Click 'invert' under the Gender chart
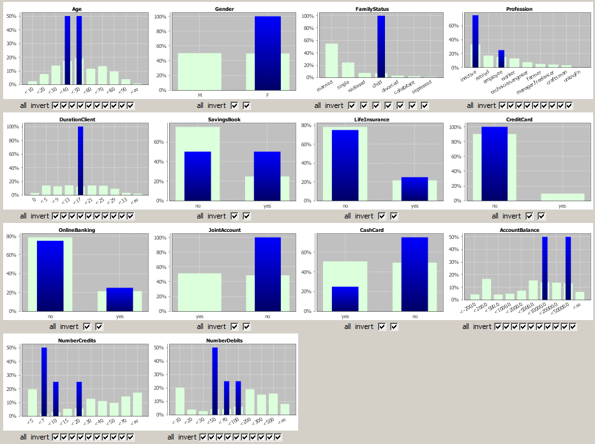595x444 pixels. [x=217, y=105]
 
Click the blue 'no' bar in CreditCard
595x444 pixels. [x=495, y=164]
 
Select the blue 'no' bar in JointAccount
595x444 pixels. [x=267, y=274]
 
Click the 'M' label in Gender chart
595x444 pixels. [x=200, y=95]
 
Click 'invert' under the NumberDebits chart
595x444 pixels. [x=188, y=437]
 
